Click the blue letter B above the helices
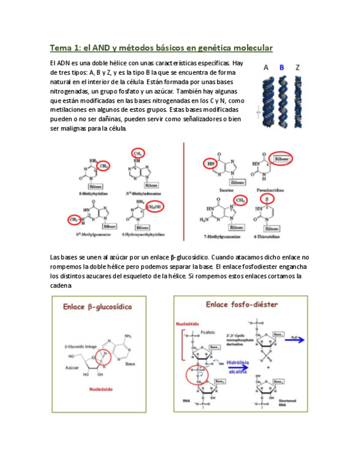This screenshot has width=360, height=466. tap(283, 68)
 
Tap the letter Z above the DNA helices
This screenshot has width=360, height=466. tap(298, 68)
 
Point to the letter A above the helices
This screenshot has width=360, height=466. tap(267, 68)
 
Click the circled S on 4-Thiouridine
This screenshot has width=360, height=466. tap(267, 198)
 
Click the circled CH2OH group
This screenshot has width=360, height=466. tap(153, 207)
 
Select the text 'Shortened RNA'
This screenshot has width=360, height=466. tap(287, 402)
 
